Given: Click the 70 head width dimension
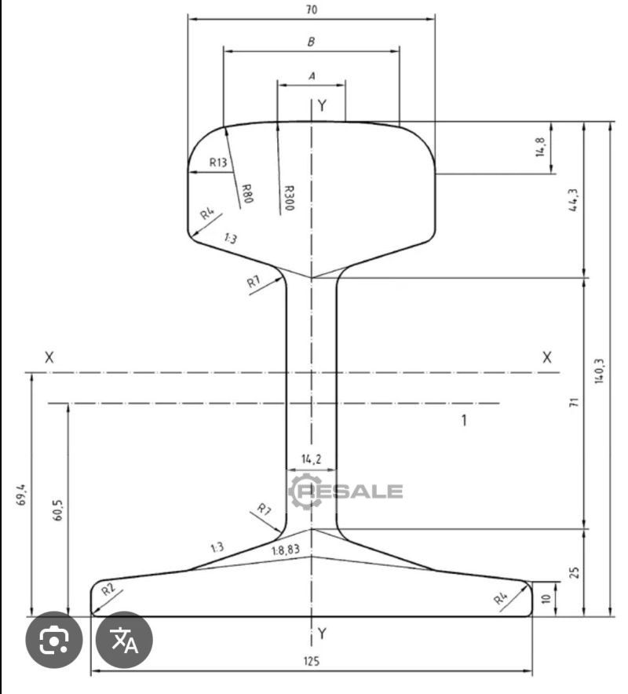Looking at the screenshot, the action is (312, 9).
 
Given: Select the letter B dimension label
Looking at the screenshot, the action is (311, 42).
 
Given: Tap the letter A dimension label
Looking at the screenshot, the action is (312, 76).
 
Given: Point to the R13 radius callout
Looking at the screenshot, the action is (218, 163).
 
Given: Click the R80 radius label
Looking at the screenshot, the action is (247, 193).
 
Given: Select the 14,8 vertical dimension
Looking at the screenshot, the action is (540, 147).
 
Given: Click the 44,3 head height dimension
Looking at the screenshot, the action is (573, 200).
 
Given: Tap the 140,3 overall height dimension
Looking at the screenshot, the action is (599, 371).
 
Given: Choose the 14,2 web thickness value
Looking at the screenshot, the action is (312, 459).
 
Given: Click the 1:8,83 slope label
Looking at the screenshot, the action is (286, 550).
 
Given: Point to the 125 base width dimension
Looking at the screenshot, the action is (312, 661).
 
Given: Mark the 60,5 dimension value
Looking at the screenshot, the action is (58, 510).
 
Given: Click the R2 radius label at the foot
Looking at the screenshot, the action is (108, 589).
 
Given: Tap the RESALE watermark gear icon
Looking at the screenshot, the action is (306, 491).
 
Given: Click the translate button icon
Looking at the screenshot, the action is (124, 640).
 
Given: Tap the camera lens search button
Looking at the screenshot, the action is (54, 640).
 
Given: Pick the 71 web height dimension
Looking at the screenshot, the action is (574, 402).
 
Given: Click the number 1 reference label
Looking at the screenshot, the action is (464, 420).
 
